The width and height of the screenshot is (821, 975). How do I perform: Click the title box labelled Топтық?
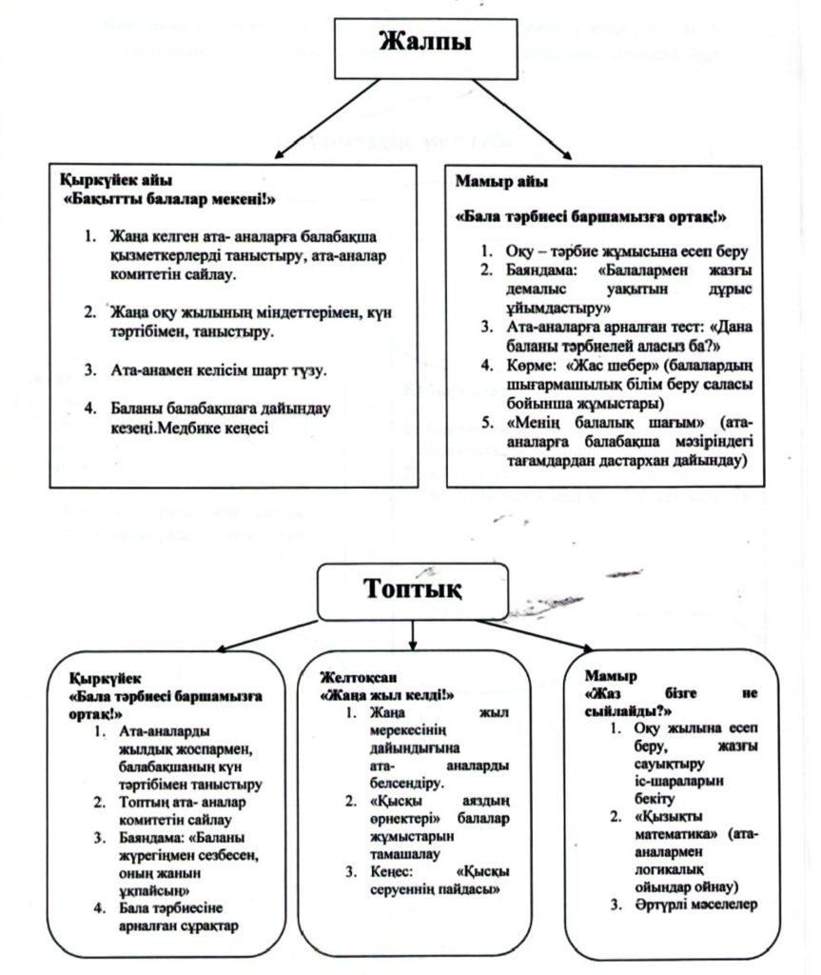click(412, 588)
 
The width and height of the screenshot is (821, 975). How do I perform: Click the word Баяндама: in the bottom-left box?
click(157, 837)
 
